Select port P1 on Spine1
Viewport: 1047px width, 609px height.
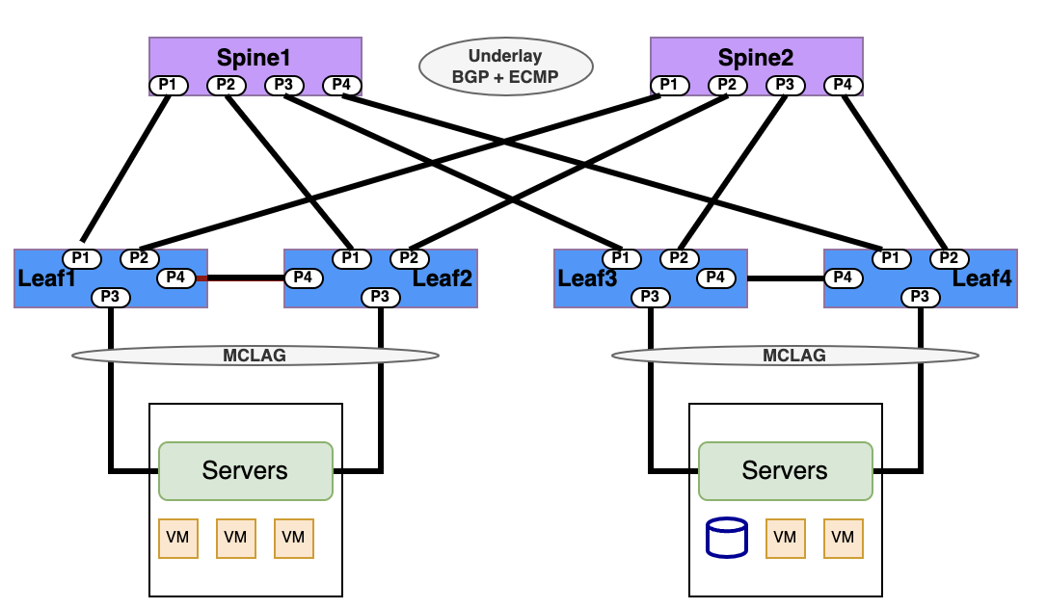(169, 86)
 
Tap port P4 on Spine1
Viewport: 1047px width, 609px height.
(341, 86)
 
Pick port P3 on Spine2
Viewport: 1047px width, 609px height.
(786, 86)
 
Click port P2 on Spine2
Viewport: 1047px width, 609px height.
(728, 86)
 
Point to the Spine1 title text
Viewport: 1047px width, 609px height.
(254, 58)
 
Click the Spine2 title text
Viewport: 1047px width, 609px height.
(755, 58)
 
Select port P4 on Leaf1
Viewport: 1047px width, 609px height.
(176, 278)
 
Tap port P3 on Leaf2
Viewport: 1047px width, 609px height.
(381, 297)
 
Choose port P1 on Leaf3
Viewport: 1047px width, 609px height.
(622, 258)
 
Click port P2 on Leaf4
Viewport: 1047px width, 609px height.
(950, 258)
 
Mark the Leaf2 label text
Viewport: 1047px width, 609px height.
(443, 278)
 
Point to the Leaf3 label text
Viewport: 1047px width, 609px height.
(586, 278)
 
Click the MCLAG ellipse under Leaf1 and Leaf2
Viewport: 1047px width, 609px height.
(255, 356)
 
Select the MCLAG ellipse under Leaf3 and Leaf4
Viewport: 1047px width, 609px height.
(794, 356)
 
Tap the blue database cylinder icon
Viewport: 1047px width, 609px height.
(727, 538)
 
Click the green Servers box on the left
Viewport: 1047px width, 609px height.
(245, 471)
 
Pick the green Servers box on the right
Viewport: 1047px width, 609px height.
(785, 471)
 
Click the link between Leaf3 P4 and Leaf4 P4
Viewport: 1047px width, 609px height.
(785, 278)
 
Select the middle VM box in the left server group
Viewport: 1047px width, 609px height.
(236, 538)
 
